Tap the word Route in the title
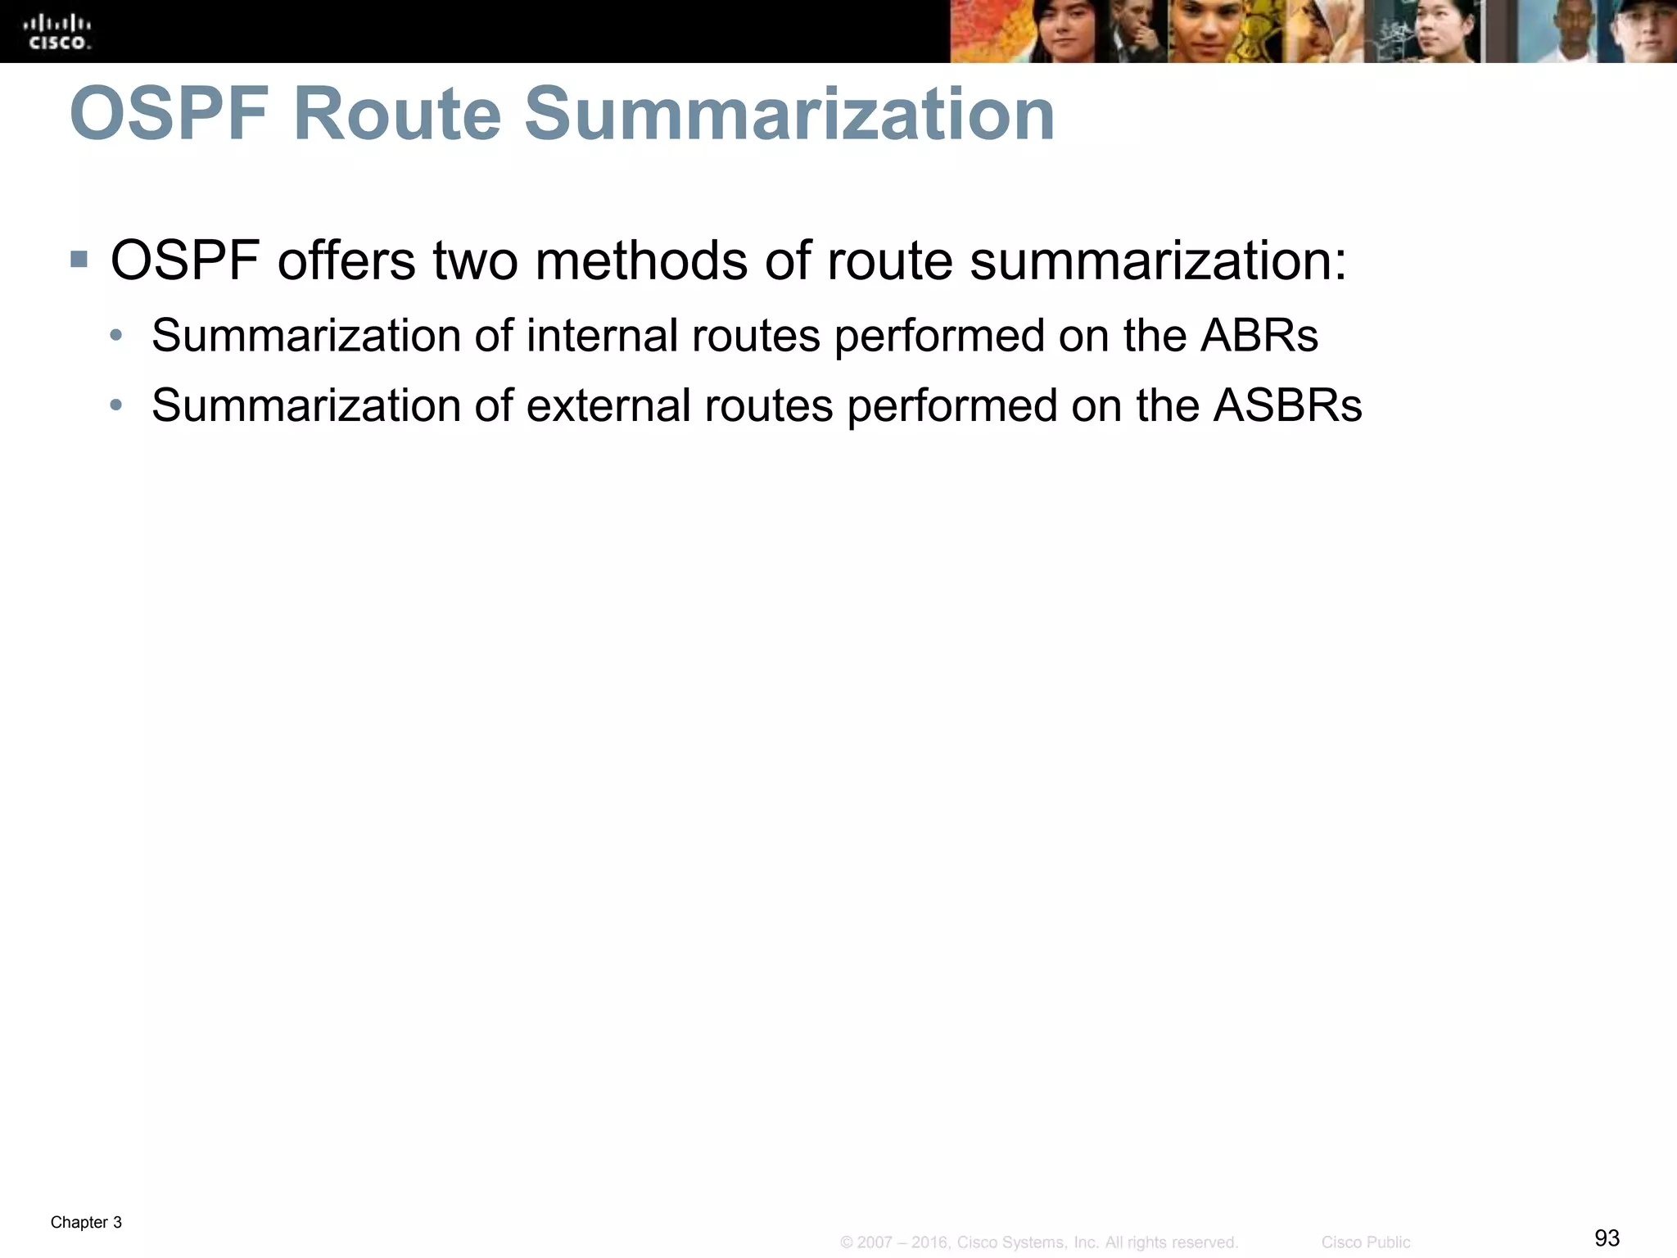click(396, 115)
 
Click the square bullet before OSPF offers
click(79, 260)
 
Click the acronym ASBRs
click(1287, 405)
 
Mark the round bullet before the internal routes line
click(116, 335)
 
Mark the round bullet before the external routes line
click(116, 405)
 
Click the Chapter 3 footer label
click(86, 1223)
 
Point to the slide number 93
click(1607, 1238)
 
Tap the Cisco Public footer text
click(1366, 1242)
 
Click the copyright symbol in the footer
click(847, 1242)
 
